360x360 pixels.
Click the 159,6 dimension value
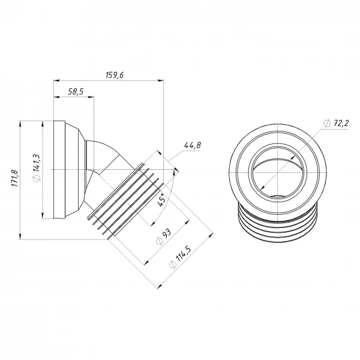click(x=115, y=75)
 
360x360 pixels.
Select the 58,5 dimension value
click(x=76, y=92)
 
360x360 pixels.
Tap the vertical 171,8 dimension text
click(x=15, y=178)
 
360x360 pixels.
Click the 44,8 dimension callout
click(x=193, y=145)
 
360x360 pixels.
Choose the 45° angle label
click(x=161, y=200)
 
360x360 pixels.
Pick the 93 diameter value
click(x=166, y=233)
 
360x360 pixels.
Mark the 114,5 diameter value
click(x=183, y=255)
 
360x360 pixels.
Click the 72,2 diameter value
click(x=341, y=123)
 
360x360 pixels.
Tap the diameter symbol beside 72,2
click(x=327, y=123)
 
